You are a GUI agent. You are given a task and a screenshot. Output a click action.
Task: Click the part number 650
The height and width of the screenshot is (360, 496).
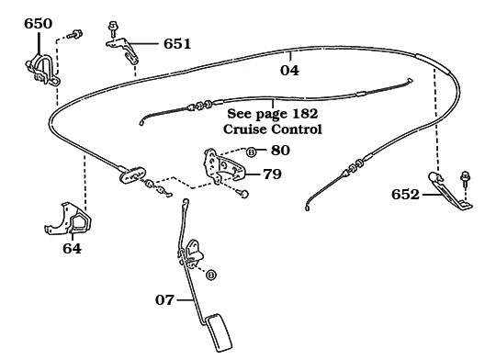pos(39,24)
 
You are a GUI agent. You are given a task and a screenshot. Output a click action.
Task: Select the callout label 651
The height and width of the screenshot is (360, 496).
pos(177,44)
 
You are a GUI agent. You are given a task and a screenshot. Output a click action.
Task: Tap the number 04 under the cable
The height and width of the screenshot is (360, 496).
pos(289,70)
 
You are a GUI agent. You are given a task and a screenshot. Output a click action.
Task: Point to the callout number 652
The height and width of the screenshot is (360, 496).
pos(405,195)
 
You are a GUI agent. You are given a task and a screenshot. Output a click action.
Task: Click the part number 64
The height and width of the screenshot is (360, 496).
pos(73,248)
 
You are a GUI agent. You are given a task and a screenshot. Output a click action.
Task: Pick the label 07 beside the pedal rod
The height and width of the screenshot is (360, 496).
pos(164,300)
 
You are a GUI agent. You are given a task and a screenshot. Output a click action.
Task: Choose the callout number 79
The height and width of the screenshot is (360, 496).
pos(273,174)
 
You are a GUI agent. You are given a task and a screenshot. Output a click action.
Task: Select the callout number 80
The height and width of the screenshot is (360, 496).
pos(280,151)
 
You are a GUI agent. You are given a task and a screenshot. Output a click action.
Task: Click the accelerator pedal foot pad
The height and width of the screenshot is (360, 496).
pos(219,332)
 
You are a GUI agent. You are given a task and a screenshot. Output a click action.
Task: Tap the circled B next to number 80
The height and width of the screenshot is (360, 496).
pos(251,152)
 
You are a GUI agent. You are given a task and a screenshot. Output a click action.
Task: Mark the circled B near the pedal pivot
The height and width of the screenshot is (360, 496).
pos(211,275)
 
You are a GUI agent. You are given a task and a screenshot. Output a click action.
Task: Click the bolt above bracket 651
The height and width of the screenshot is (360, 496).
pos(112,29)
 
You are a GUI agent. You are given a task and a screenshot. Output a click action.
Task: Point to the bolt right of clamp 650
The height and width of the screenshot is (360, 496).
pos(76,34)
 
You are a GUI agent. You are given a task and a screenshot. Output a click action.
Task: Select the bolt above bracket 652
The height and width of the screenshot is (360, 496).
pos(465,179)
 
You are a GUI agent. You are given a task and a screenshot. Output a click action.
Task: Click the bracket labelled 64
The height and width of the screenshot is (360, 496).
pos(68,219)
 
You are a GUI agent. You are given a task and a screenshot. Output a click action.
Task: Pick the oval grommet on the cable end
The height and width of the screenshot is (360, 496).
pos(132,174)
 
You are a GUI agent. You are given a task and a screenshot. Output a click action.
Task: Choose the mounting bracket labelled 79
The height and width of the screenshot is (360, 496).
pos(224,166)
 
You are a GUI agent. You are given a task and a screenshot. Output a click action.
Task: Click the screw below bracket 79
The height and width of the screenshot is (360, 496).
pos(244,194)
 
